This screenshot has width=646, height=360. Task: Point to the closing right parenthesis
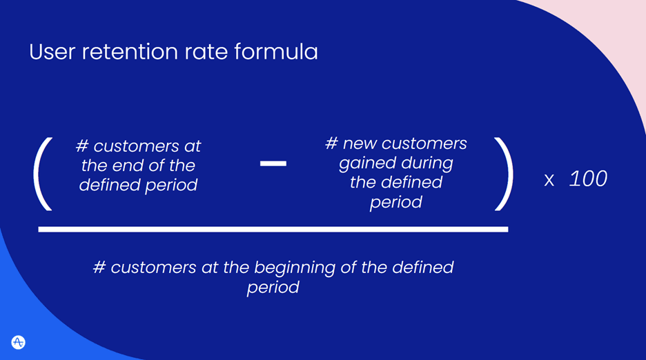coord(504,173)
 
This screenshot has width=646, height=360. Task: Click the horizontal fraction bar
coord(273,229)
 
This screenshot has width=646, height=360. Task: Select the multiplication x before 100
coord(549,181)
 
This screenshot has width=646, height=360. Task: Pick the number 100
coord(588,179)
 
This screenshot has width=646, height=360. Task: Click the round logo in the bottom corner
coord(19,342)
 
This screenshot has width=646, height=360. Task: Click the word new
coord(358,143)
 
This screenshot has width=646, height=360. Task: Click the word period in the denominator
coord(273,287)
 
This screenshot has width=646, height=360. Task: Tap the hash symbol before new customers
coord(331,143)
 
